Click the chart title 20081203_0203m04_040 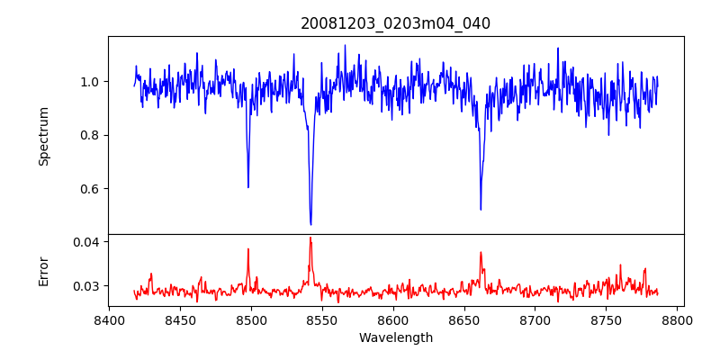point(395,23)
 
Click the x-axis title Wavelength point(395,337)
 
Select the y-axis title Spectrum point(43,136)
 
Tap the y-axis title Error point(43,270)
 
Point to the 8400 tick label point(109,319)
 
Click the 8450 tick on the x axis point(180,319)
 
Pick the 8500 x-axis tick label point(251,319)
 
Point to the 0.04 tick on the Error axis point(88,242)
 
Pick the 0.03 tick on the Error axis point(88,286)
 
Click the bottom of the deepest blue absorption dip point(310,224)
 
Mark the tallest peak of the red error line point(310,238)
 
